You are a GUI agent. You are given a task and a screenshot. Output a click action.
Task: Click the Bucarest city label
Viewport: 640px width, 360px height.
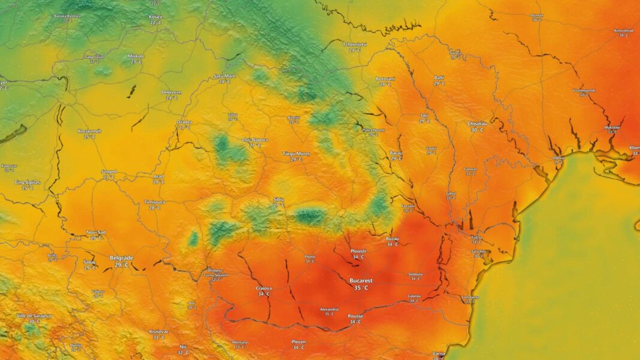point(361,280)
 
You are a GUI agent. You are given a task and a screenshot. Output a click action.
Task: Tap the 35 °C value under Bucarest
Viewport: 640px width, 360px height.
point(361,288)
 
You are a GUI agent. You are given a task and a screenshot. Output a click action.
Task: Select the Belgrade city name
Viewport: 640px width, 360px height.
point(122,258)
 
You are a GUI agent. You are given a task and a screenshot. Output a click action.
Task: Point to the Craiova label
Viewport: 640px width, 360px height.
point(264,288)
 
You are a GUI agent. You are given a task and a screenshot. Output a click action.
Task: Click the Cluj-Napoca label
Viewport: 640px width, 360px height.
point(255,140)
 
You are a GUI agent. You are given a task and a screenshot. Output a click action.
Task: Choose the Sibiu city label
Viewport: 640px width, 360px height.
point(279,199)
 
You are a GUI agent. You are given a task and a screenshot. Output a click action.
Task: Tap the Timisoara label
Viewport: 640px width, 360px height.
point(155,202)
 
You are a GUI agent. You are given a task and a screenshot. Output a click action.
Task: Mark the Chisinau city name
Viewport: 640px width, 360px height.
point(477,123)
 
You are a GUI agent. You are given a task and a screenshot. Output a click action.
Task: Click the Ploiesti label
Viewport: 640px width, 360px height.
point(358,251)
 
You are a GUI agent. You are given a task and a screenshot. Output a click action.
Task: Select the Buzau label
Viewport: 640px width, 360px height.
point(393,238)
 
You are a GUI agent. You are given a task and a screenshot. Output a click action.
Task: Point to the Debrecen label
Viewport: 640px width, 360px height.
point(171,92)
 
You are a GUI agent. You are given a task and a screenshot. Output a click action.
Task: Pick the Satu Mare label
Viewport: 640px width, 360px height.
point(225,76)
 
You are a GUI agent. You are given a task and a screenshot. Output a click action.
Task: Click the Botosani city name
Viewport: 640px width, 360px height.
point(385,78)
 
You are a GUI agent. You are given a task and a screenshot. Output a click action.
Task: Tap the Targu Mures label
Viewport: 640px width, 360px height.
point(295,154)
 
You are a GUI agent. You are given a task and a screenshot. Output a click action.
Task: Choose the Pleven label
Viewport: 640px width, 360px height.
point(298,341)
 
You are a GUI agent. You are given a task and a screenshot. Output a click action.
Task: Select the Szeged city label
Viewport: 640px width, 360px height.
point(109,171)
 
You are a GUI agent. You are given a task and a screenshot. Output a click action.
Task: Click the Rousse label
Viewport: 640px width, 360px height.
point(355,316)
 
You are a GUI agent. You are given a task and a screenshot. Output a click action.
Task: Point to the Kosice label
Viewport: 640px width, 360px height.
point(156,17)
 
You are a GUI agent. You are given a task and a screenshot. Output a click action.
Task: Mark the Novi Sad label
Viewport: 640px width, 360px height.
point(96,232)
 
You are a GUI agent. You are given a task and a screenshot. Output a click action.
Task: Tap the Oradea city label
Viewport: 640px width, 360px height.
point(185,122)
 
